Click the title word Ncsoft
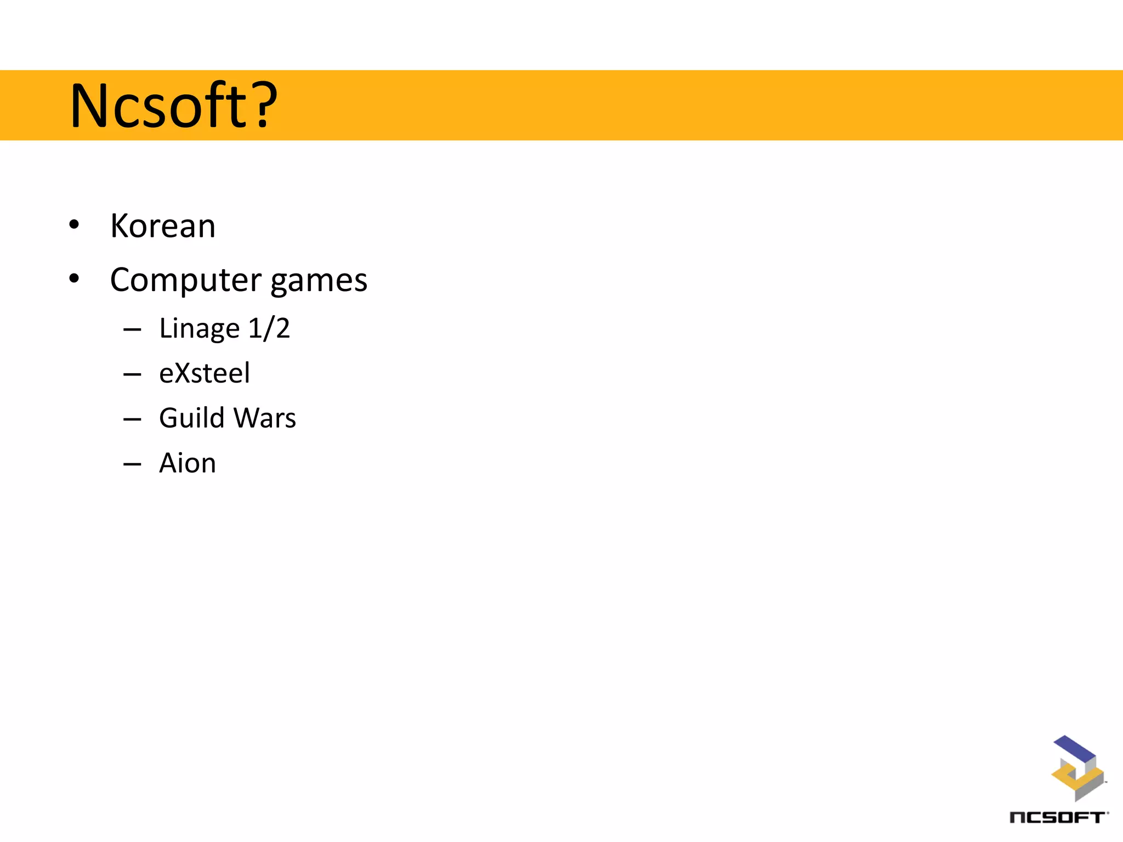[x=159, y=105]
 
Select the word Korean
[x=163, y=226]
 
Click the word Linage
[x=200, y=329]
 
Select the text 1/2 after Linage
[x=269, y=328]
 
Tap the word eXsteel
[x=205, y=373]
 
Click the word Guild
[x=192, y=418]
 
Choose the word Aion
[x=188, y=463]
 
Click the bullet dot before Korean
[x=74, y=225]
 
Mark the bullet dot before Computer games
[x=74, y=278]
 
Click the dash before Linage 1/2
[x=132, y=330]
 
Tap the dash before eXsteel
[x=132, y=375]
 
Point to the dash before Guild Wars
[x=132, y=420]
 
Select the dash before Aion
[x=132, y=465]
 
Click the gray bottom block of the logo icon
[x=1088, y=787]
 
